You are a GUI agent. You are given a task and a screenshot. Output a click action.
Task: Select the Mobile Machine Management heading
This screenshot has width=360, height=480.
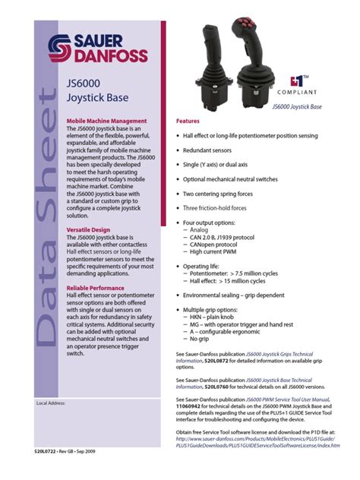[106, 122]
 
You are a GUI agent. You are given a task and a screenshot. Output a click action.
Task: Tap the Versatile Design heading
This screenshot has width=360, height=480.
[89, 229]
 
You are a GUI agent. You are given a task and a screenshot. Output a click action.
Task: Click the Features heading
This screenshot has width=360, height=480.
[188, 122]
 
